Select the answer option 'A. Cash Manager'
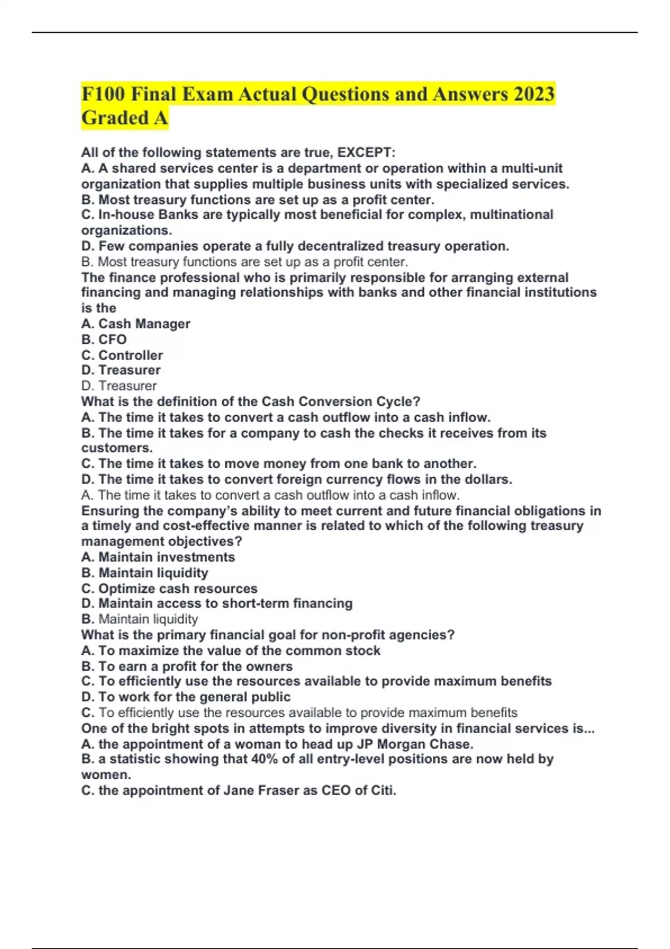(136, 324)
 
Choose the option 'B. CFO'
(104, 339)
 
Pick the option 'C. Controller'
(122, 355)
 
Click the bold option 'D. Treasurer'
(121, 370)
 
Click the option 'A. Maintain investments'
(158, 557)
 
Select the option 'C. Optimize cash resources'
(169, 588)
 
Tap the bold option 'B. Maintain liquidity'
(145, 573)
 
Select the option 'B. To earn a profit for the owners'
(186, 667)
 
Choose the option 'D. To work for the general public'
(186, 697)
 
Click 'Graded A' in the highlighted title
(125, 118)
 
